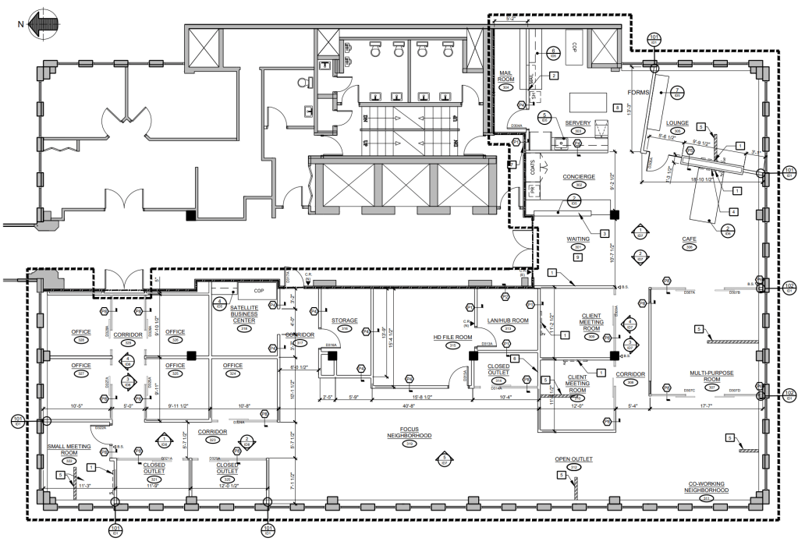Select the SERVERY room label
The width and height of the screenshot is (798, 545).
click(578, 122)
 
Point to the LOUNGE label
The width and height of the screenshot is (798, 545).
click(676, 122)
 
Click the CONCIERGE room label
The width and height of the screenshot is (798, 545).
click(579, 177)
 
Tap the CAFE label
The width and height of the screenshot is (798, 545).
click(689, 239)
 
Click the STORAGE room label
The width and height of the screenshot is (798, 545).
click(344, 320)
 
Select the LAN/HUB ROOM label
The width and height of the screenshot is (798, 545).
click(508, 320)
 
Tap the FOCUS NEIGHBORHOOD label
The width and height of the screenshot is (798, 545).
click(410, 432)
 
